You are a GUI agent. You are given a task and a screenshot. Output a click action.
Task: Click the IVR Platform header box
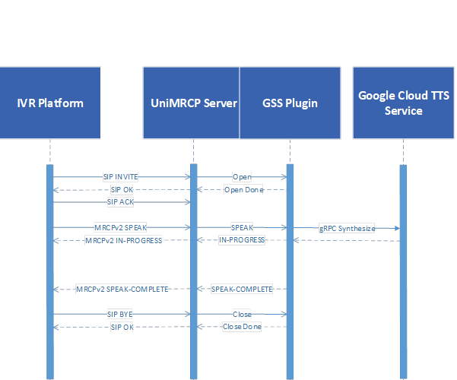(50, 103)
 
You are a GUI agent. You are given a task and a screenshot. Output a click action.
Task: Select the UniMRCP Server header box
(191, 103)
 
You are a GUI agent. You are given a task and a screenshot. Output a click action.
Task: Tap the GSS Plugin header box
(290, 103)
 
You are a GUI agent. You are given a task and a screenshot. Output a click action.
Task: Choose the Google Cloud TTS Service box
(404, 103)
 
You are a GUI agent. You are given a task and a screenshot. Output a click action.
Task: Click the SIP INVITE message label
(120, 176)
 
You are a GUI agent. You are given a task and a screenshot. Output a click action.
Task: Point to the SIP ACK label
(120, 201)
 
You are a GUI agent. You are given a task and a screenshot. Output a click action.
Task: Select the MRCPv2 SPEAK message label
(120, 227)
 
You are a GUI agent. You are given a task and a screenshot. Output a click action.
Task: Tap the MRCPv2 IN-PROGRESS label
(124, 240)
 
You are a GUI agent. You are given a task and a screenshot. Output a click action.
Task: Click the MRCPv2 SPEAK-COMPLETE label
(122, 289)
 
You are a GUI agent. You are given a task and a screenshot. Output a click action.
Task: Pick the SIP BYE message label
(120, 314)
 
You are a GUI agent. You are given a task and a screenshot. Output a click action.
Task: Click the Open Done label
(243, 190)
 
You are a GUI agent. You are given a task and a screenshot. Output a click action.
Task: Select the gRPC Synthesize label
(347, 228)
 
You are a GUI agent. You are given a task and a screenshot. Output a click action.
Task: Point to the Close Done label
(242, 327)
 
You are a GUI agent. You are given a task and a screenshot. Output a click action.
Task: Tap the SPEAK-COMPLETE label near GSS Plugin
(242, 289)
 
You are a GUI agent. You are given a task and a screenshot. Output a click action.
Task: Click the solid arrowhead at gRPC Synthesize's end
(397, 228)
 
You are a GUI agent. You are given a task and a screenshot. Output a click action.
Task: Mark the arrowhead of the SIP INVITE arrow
(188, 176)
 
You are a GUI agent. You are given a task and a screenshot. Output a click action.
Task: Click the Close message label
(242, 314)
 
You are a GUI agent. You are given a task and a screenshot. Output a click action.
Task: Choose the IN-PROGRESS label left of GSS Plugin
(242, 240)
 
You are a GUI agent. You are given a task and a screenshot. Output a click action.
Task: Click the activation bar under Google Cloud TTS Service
(403, 272)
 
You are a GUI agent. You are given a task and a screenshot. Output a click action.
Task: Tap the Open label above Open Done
(242, 176)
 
